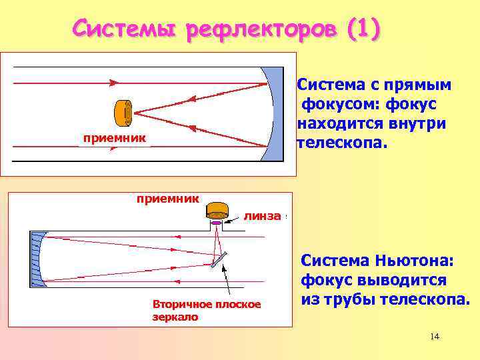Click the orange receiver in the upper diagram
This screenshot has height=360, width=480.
coord(123,113)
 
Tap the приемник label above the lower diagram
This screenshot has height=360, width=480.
coord(168,198)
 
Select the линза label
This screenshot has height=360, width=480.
coord(262,216)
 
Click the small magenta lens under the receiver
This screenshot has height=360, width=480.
coord(217,223)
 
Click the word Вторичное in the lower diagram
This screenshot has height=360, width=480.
coord(181,304)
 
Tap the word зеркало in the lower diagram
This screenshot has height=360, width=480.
coord(175,317)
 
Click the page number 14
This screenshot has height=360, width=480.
coord(435,336)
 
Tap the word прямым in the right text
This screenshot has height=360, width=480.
coord(421,85)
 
